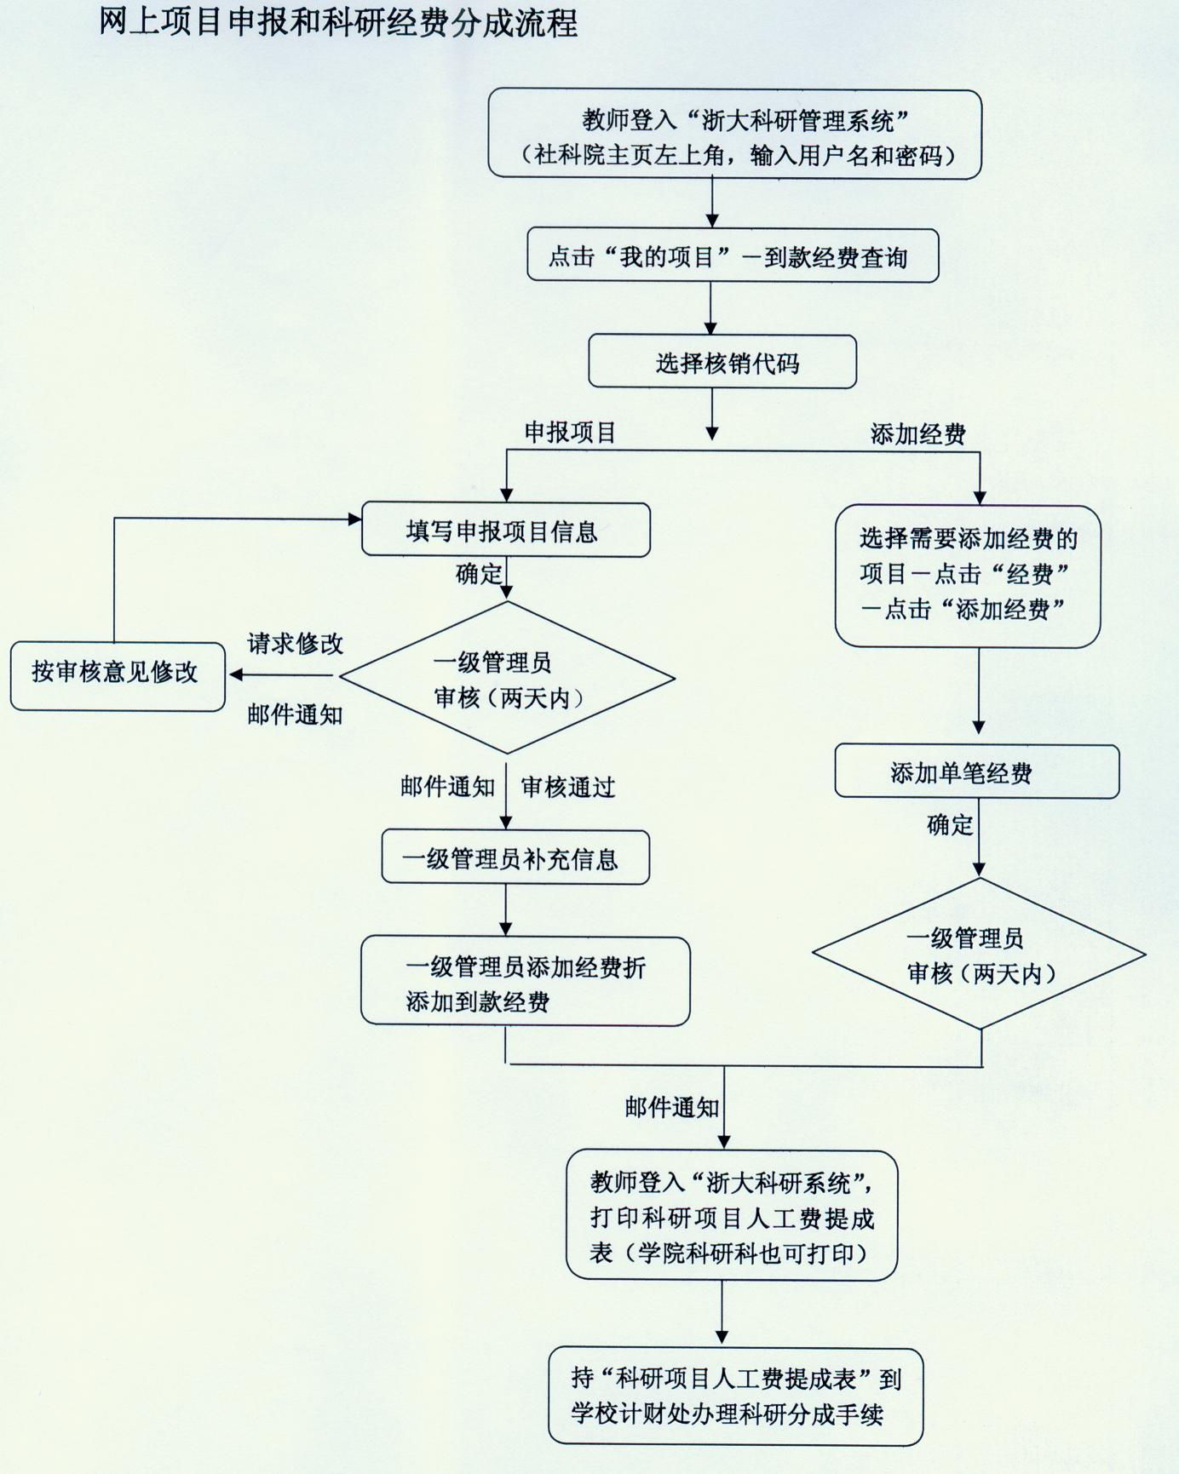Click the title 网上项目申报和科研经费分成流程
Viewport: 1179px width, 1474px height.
[338, 23]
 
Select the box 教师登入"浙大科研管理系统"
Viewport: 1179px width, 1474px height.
[734, 135]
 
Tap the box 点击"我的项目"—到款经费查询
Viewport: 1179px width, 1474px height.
[732, 255]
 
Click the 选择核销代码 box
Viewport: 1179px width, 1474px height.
[722, 362]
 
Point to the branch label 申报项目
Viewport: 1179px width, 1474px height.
[570, 433]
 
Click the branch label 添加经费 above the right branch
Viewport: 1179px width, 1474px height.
[917, 434]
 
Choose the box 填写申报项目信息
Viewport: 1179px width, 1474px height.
[506, 531]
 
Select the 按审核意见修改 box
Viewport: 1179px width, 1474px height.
[117, 673]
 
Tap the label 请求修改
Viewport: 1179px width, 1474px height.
[295, 644]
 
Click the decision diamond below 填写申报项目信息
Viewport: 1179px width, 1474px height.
[507, 679]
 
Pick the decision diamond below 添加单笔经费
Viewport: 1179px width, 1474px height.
[979, 955]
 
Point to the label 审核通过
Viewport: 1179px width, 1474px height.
[567, 788]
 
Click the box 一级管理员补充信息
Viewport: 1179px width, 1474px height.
[515, 858]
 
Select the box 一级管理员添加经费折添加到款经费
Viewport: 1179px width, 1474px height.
[525, 982]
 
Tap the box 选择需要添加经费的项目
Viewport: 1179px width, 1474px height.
[968, 575]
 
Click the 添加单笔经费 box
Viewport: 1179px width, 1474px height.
[976, 772]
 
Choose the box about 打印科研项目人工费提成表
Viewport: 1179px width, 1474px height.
[731, 1217]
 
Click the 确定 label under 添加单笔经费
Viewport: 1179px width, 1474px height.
[949, 825]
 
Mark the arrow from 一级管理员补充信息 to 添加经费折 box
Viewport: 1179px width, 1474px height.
[506, 910]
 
